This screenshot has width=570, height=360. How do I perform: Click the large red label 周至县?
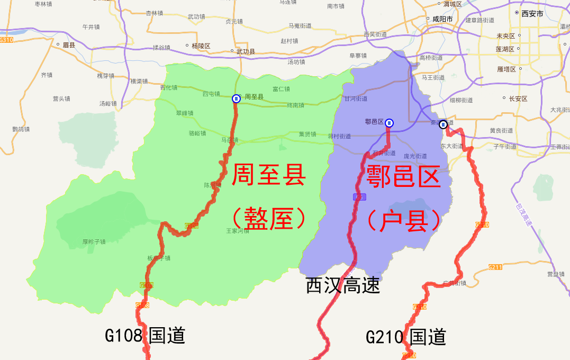(x=268, y=175)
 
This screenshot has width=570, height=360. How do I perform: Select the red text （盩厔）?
(x=268, y=218)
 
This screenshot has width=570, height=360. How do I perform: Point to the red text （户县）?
(x=403, y=220)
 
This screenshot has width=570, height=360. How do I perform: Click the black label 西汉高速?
(x=343, y=286)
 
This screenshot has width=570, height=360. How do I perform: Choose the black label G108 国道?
(x=145, y=335)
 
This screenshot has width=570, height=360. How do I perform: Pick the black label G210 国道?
(x=406, y=337)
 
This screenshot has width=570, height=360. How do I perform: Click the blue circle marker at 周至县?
(x=236, y=98)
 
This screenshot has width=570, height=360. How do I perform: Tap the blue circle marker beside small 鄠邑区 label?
(x=389, y=123)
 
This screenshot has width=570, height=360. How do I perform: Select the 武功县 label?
(x=245, y=51)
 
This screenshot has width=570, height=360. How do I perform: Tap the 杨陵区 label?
(x=201, y=46)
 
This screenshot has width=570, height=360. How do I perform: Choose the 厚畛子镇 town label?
(x=94, y=242)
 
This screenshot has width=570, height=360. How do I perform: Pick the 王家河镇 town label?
(x=238, y=231)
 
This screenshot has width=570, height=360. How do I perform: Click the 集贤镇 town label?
(x=307, y=134)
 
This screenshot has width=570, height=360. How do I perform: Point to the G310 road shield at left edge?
(x=6, y=40)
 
